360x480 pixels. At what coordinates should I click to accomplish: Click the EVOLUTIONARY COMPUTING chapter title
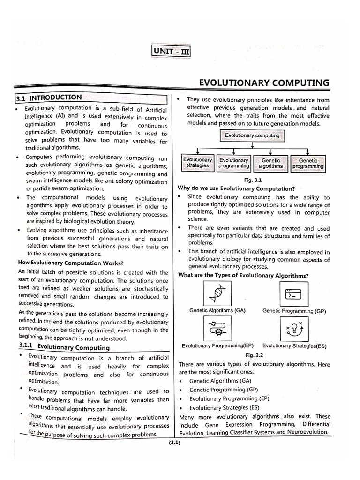click(x=264, y=83)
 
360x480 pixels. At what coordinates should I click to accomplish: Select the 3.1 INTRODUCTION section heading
click(x=55, y=98)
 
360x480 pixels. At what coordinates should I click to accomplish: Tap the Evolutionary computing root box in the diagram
click(x=252, y=136)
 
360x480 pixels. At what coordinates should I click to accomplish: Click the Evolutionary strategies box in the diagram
click(x=197, y=163)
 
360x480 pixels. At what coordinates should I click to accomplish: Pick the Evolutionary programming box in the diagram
click(x=234, y=163)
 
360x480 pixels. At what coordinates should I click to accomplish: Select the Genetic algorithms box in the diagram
click(x=270, y=163)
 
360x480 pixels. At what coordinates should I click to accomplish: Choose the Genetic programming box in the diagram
click(x=308, y=163)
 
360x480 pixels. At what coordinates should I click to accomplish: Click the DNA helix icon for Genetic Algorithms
click(x=217, y=294)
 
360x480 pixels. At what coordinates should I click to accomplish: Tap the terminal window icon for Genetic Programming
click(x=293, y=294)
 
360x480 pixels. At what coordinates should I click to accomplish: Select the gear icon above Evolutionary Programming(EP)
click(x=217, y=328)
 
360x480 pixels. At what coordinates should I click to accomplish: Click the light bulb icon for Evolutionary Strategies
click(x=293, y=329)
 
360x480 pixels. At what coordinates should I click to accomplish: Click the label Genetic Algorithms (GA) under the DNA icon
click(x=217, y=310)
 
